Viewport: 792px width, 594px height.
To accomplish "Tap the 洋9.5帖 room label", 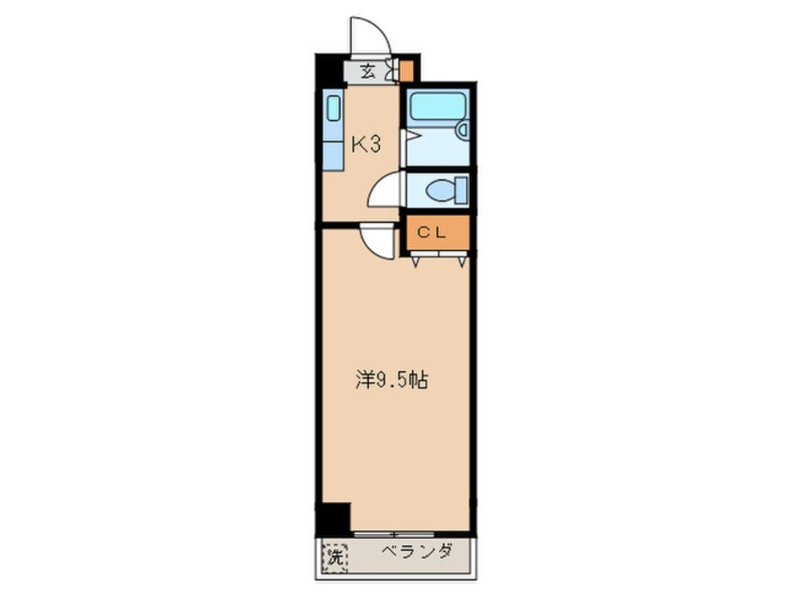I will [391, 380].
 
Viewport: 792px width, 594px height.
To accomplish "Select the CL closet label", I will [436, 234].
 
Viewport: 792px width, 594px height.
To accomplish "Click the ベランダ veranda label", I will [418, 552].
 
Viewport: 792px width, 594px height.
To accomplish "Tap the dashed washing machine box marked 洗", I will [334, 557].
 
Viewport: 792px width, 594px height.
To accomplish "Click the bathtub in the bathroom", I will [437, 106].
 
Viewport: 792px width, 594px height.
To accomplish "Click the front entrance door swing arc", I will [371, 37].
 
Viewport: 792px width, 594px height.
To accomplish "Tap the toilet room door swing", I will [386, 191].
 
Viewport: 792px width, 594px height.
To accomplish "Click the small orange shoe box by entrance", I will [406, 70].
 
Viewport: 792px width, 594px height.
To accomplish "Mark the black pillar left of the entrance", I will [330, 70].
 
